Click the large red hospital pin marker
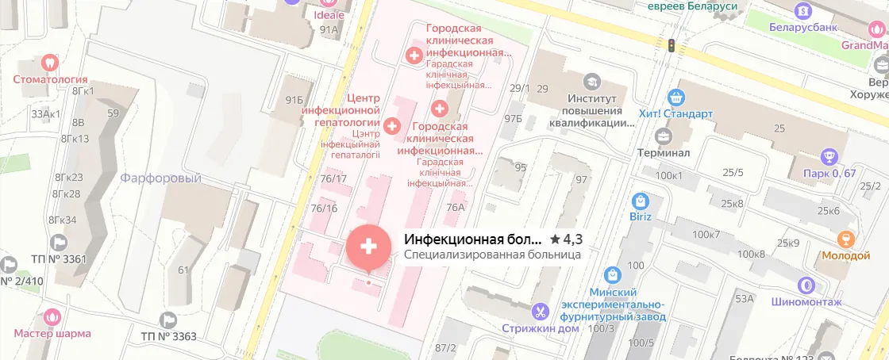click(368, 247)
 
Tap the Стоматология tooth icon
click(50, 61)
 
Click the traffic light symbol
click(672, 45)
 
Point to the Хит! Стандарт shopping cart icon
click(676, 97)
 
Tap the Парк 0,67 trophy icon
click(829, 156)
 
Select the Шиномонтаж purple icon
click(806, 284)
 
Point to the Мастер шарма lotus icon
click(53, 317)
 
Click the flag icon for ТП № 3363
click(167, 320)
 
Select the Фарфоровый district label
click(161, 178)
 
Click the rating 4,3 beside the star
click(571, 239)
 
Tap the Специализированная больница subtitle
click(492, 255)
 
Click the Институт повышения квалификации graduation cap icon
click(592, 81)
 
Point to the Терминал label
click(663, 152)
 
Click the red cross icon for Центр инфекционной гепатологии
click(392, 125)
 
